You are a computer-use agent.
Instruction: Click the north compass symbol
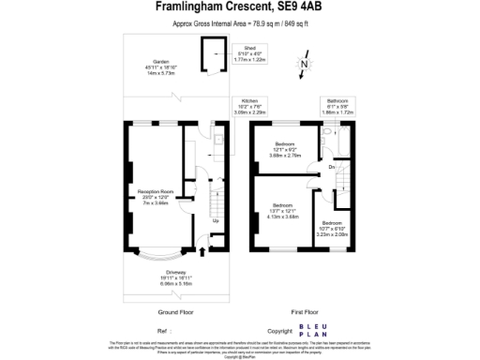[305, 64]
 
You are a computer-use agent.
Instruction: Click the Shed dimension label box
[249, 52]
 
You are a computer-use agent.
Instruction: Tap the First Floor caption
[305, 310]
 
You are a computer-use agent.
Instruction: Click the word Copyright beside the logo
[280, 331]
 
